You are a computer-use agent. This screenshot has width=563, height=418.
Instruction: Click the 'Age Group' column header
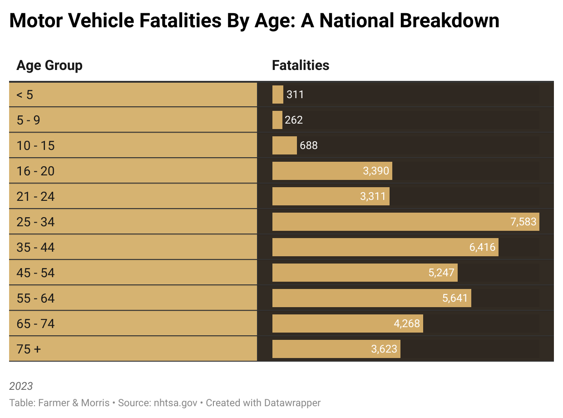49,66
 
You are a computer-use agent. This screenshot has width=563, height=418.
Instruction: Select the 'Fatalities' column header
300,66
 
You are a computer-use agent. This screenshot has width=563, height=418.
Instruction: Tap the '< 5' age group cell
25,95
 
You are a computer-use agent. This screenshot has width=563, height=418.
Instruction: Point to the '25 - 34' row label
35,222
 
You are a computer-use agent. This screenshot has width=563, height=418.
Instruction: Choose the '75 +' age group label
29,349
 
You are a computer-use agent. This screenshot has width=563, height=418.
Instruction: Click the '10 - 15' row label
35,145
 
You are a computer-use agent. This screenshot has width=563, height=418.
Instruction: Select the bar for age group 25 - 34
390,222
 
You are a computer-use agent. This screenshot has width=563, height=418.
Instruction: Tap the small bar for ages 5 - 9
277,120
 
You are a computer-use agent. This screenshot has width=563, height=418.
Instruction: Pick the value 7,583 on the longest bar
523,222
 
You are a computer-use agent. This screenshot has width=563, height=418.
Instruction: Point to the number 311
295,95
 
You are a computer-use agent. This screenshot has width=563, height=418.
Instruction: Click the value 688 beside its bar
309,145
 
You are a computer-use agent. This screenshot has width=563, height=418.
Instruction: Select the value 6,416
482,247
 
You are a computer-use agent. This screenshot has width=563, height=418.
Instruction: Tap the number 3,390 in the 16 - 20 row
376,171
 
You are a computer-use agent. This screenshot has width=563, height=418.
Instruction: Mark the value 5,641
455,298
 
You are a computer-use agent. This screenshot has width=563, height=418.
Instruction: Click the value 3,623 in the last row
384,349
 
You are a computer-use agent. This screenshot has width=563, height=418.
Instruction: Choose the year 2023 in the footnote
21,386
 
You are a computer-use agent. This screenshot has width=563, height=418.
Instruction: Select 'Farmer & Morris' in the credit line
74,403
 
